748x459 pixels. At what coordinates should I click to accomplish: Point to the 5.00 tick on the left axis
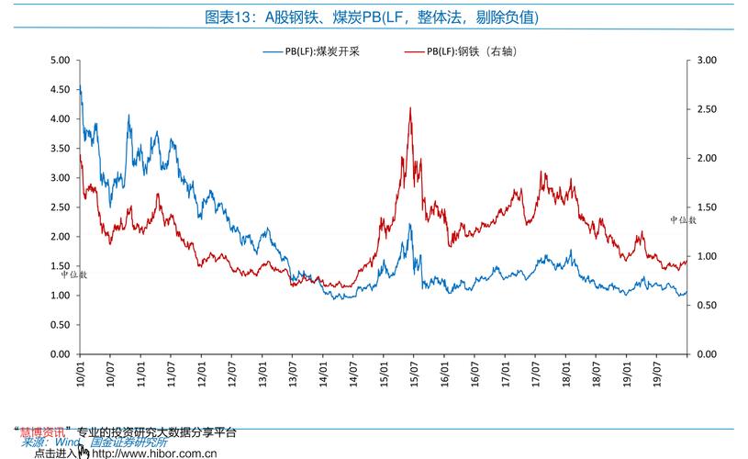[60, 61]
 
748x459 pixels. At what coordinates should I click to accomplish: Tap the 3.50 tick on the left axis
[60, 149]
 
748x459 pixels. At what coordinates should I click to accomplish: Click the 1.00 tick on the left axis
[60, 296]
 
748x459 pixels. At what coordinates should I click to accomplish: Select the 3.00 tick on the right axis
[707, 61]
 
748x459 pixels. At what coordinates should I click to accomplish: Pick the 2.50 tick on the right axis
[707, 109]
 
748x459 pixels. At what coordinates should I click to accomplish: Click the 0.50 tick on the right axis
[707, 306]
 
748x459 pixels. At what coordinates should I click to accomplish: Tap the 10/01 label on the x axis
[81, 372]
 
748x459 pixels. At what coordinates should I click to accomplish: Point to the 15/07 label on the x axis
[412, 372]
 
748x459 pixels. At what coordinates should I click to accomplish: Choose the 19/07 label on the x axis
[655, 372]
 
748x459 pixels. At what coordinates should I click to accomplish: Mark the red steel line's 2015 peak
[409, 108]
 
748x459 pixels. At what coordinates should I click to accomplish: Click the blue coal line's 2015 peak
[411, 225]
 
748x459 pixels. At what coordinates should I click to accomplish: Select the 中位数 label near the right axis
[683, 220]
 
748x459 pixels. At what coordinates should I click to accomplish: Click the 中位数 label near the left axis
[74, 274]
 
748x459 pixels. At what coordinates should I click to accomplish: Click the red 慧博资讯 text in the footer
[43, 431]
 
